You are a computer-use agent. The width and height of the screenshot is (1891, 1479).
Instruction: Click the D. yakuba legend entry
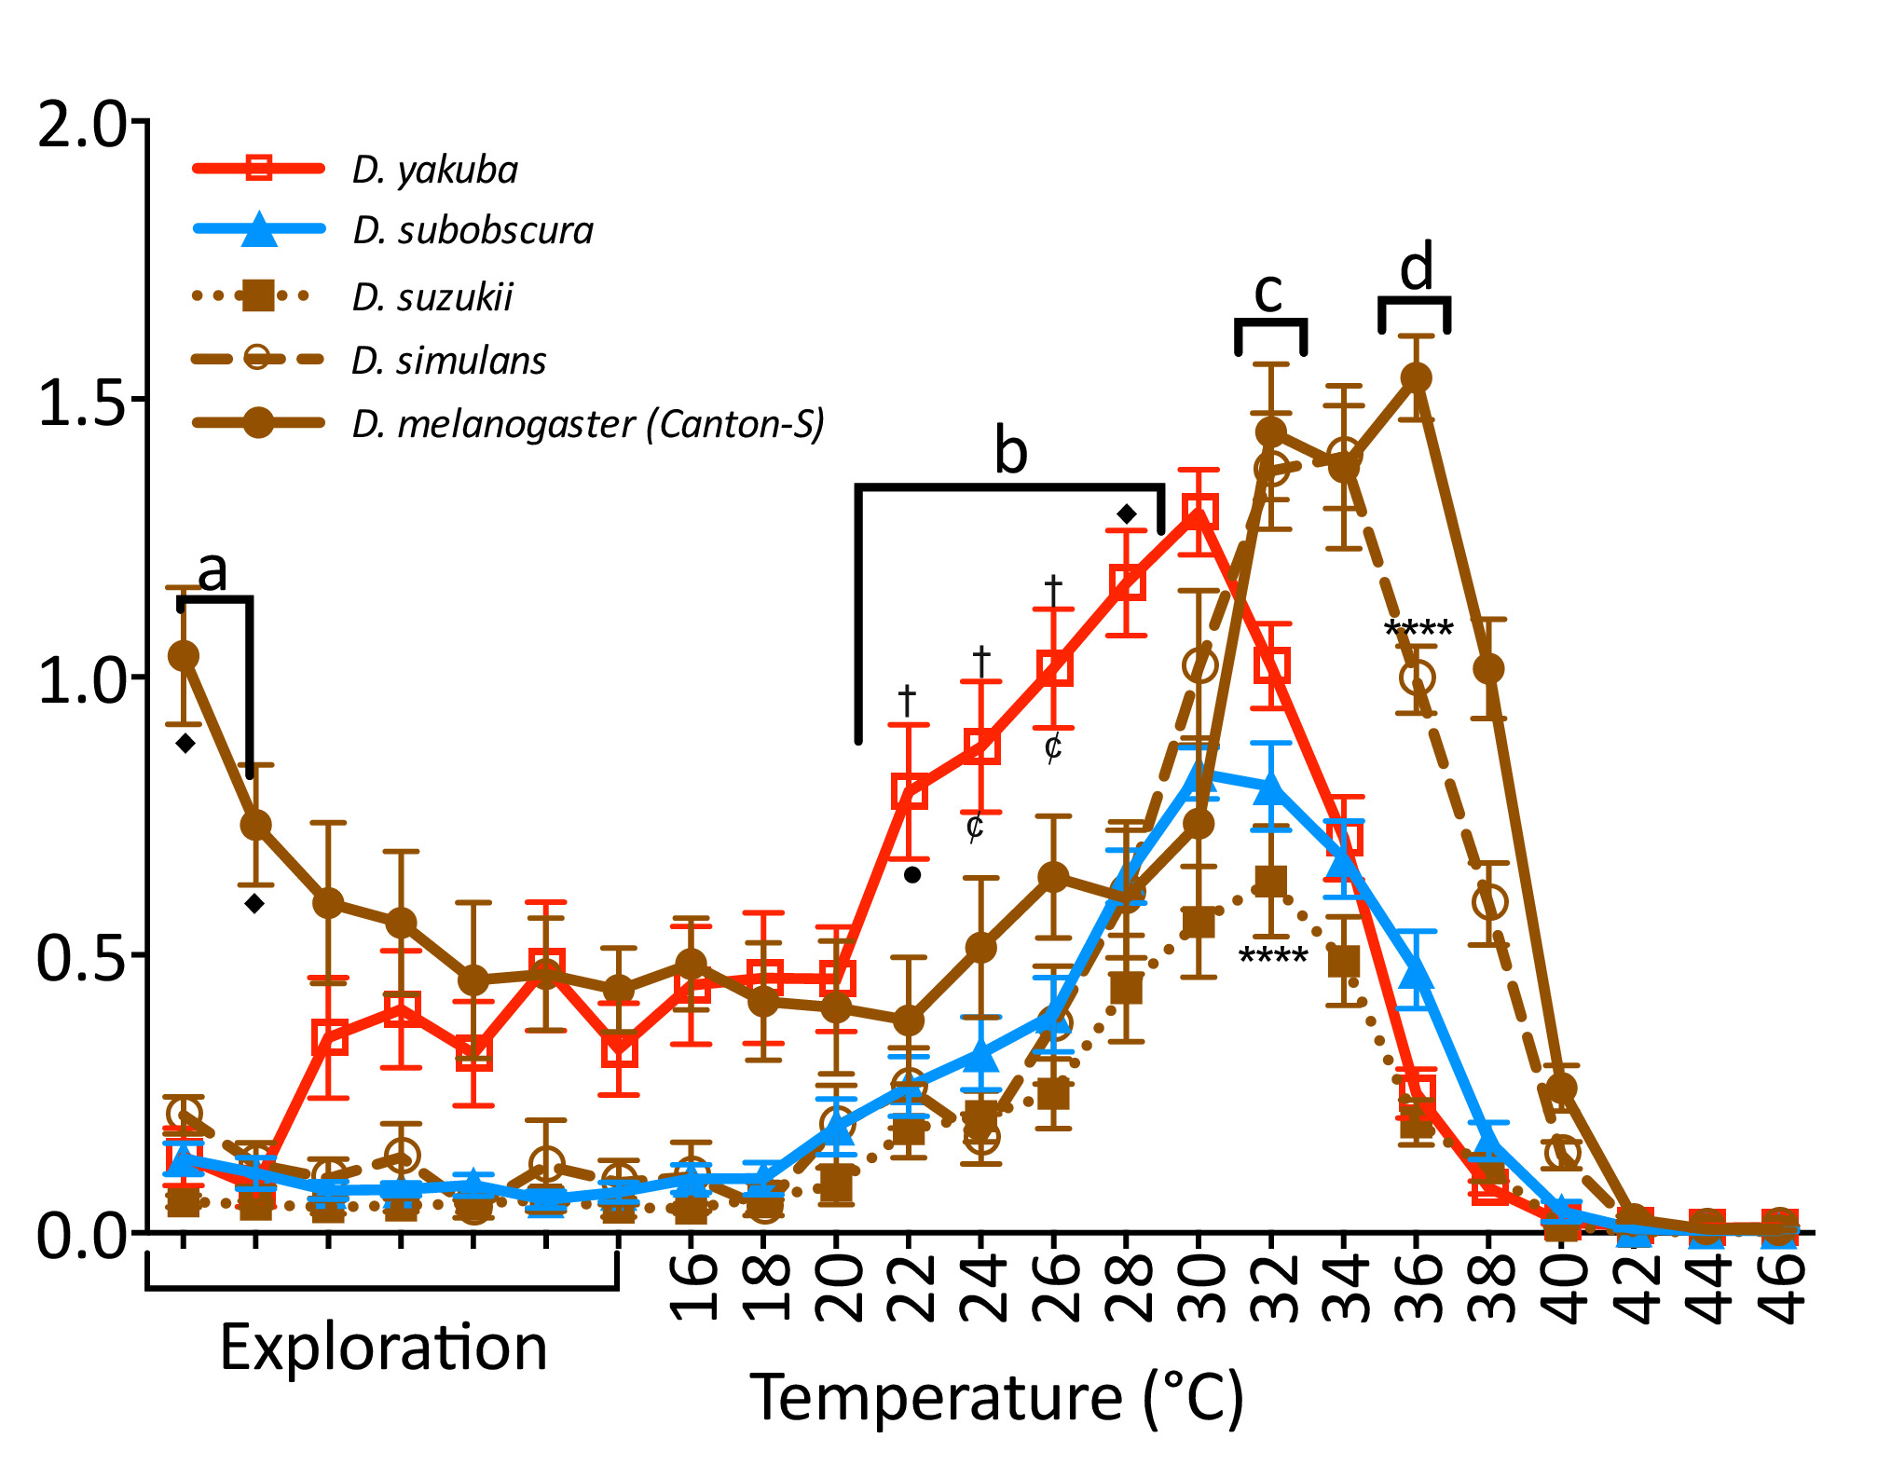click(x=434, y=170)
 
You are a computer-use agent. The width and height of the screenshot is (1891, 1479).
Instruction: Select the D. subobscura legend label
click(x=473, y=231)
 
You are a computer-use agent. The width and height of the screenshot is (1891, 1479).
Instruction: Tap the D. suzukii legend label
click(x=432, y=297)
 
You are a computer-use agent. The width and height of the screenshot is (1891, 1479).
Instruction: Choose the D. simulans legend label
click(x=448, y=361)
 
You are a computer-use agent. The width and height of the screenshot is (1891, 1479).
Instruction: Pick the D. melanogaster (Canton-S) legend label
click(x=588, y=424)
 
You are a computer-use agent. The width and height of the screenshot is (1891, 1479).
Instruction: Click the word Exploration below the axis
click(x=383, y=1348)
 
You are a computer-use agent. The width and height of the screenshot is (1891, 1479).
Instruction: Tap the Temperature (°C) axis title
click(x=996, y=1398)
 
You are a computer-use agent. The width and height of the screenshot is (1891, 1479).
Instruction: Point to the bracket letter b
click(x=1011, y=452)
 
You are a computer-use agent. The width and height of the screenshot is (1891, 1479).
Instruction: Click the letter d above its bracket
click(x=1416, y=269)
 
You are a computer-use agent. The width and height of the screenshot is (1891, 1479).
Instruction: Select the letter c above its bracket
click(x=1268, y=292)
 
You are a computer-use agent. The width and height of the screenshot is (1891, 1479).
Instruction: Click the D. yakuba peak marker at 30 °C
click(x=1199, y=512)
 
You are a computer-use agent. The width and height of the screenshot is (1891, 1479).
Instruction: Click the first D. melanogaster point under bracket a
click(x=184, y=656)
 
